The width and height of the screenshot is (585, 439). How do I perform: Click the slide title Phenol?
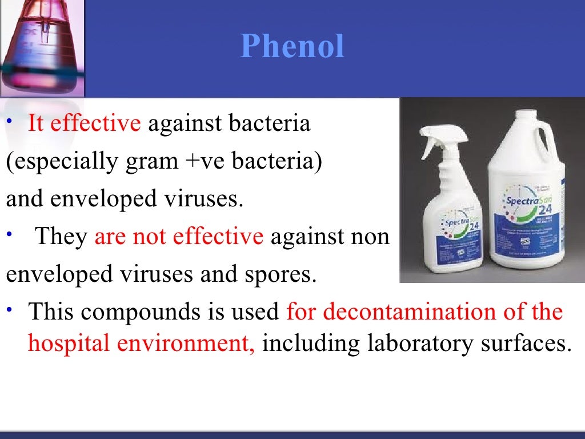point(292,46)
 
